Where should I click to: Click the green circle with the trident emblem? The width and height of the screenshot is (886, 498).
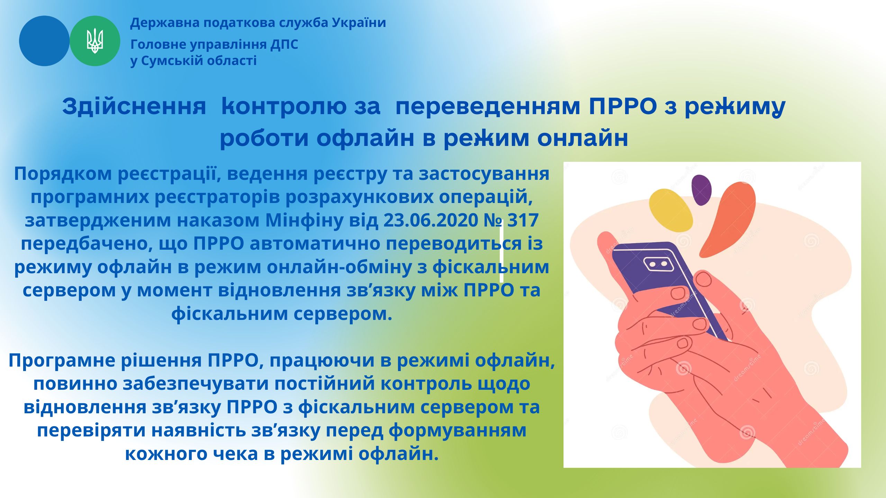coord(95,41)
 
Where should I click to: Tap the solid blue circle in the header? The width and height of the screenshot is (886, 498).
coord(44,41)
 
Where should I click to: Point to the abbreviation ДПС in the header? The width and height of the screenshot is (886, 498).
coord(284,45)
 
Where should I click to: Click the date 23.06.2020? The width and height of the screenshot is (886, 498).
coord(431,220)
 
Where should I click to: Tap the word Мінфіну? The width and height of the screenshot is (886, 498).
coord(305,220)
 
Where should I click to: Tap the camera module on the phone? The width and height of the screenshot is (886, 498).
coord(659,264)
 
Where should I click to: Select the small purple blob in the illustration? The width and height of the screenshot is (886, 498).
coord(701,190)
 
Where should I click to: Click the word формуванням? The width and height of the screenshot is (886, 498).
coord(458,431)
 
